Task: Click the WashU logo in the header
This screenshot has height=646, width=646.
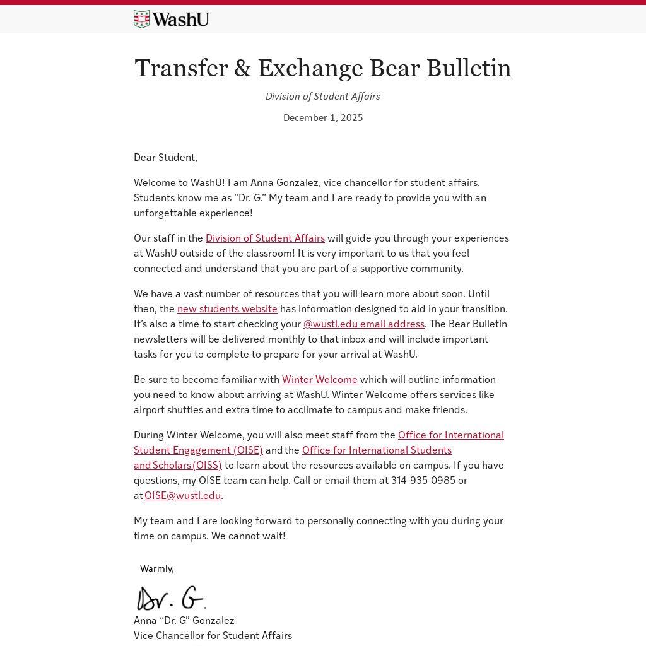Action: [171, 20]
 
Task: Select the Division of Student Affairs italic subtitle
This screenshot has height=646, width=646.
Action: [322, 96]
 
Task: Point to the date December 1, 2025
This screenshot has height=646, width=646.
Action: [322, 117]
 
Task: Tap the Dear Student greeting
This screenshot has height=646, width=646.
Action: [165, 157]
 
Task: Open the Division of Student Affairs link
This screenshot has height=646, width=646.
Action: [265, 238]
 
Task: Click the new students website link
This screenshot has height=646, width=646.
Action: [227, 308]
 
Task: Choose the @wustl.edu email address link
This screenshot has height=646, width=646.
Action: [363, 324]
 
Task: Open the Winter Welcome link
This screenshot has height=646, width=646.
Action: [320, 379]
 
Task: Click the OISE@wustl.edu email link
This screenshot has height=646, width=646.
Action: [182, 495]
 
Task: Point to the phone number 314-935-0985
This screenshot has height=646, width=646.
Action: [423, 480]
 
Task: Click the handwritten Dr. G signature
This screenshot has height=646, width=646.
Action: [171, 598]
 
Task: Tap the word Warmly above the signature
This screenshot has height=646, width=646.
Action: [156, 568]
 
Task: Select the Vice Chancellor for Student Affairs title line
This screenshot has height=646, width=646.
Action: [213, 635]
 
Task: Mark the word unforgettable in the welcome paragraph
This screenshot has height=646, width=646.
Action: [166, 213]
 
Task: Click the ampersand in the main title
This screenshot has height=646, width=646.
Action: [243, 68]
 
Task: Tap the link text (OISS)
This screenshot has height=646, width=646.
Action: [208, 465]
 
